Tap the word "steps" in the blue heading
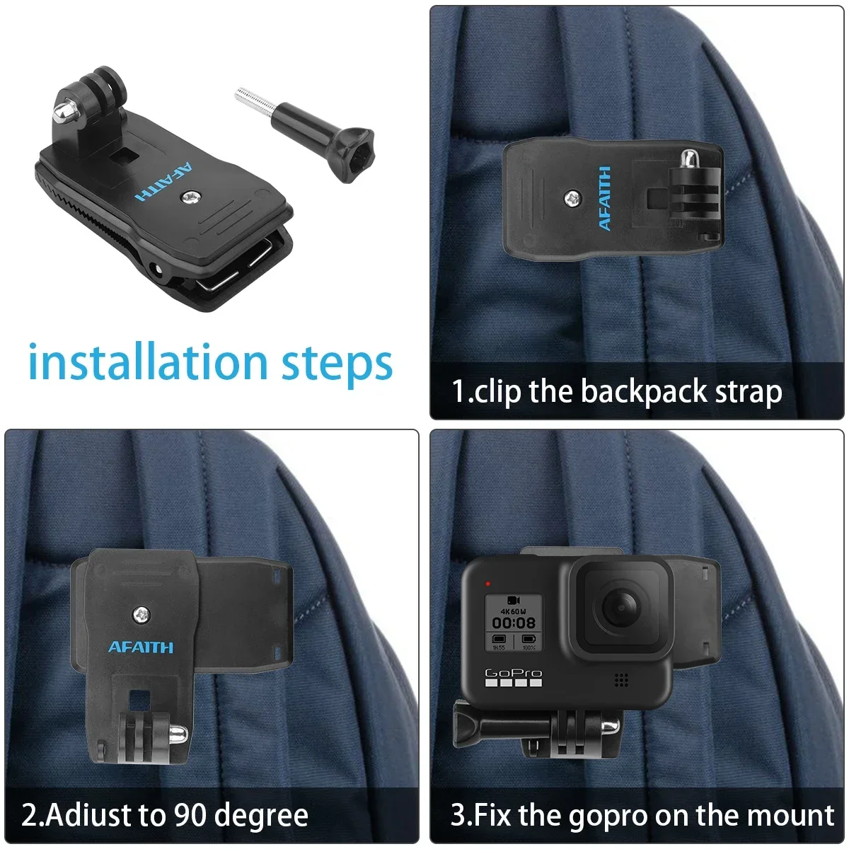337,365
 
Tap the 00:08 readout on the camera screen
514,623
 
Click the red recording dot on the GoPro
487,584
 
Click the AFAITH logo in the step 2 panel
141,647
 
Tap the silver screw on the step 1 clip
572,199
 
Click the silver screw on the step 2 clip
141,615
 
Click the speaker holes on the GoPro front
621,680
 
